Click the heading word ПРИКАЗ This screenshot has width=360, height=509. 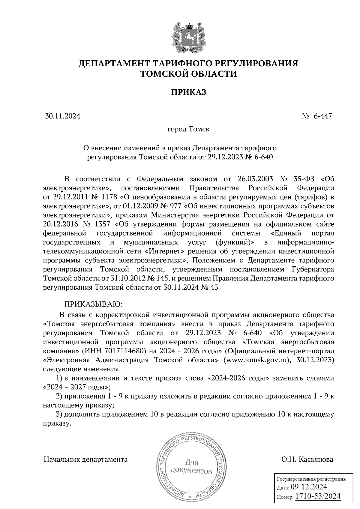tap(189, 92)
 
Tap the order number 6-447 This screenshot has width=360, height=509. tap(322, 116)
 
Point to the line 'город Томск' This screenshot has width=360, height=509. tap(188, 129)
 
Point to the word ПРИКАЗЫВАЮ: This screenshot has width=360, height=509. tap(93, 304)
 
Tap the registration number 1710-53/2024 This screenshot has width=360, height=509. tap(318, 496)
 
